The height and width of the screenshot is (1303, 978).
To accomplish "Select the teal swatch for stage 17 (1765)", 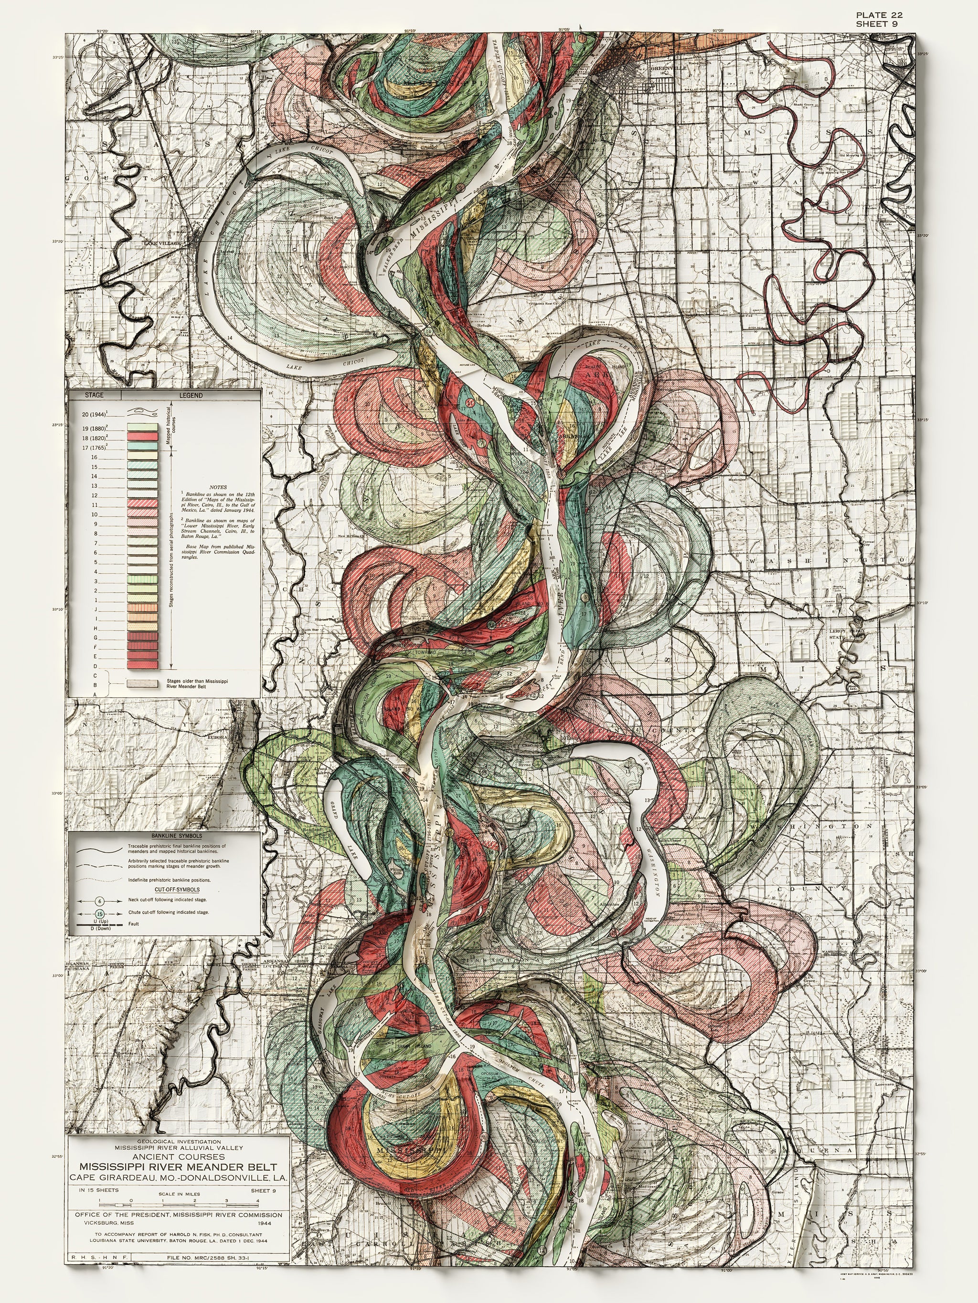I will point(143,447).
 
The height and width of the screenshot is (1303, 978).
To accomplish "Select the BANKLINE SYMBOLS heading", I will point(176,836).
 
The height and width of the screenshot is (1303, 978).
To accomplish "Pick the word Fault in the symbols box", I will point(134,924).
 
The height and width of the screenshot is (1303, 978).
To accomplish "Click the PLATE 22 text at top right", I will point(879,15).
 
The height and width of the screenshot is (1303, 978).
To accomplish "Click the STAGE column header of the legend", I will point(95,395).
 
